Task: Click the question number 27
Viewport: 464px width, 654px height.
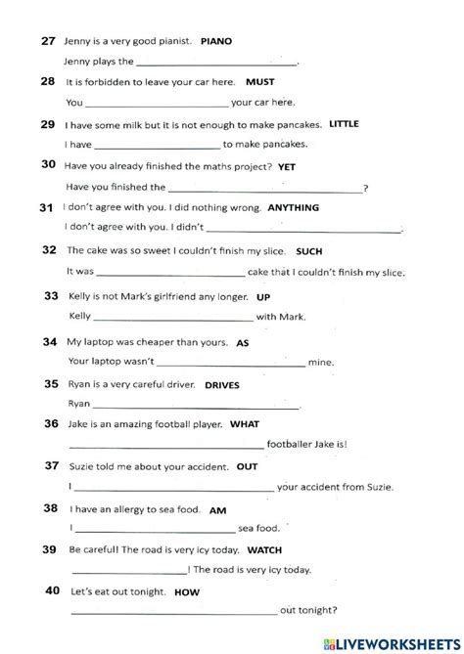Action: pyautogui.click(x=48, y=41)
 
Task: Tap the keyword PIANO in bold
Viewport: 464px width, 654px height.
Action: pyautogui.click(x=218, y=42)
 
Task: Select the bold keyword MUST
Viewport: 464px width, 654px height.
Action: pyautogui.click(x=259, y=82)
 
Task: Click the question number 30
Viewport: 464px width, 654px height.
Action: pyautogui.click(x=48, y=165)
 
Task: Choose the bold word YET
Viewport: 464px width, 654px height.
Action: pyautogui.click(x=287, y=167)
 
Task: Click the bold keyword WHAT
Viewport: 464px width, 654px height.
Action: pyautogui.click(x=244, y=425)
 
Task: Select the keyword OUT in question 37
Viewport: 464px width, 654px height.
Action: pyautogui.click(x=247, y=467)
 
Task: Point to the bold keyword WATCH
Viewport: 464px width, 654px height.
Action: pyautogui.click(x=264, y=550)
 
